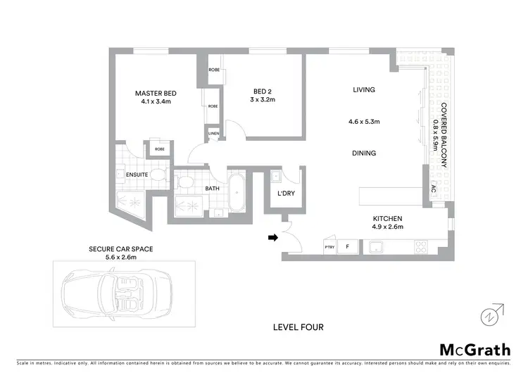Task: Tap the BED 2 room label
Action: (x=264, y=90)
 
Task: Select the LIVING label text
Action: (x=364, y=89)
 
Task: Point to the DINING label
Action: (x=364, y=153)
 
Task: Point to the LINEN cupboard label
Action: (x=213, y=132)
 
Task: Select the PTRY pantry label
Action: (x=329, y=247)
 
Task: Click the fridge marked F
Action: (x=346, y=247)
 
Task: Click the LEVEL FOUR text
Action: (x=298, y=327)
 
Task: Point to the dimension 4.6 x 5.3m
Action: (x=364, y=122)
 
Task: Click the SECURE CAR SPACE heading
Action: (x=121, y=249)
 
